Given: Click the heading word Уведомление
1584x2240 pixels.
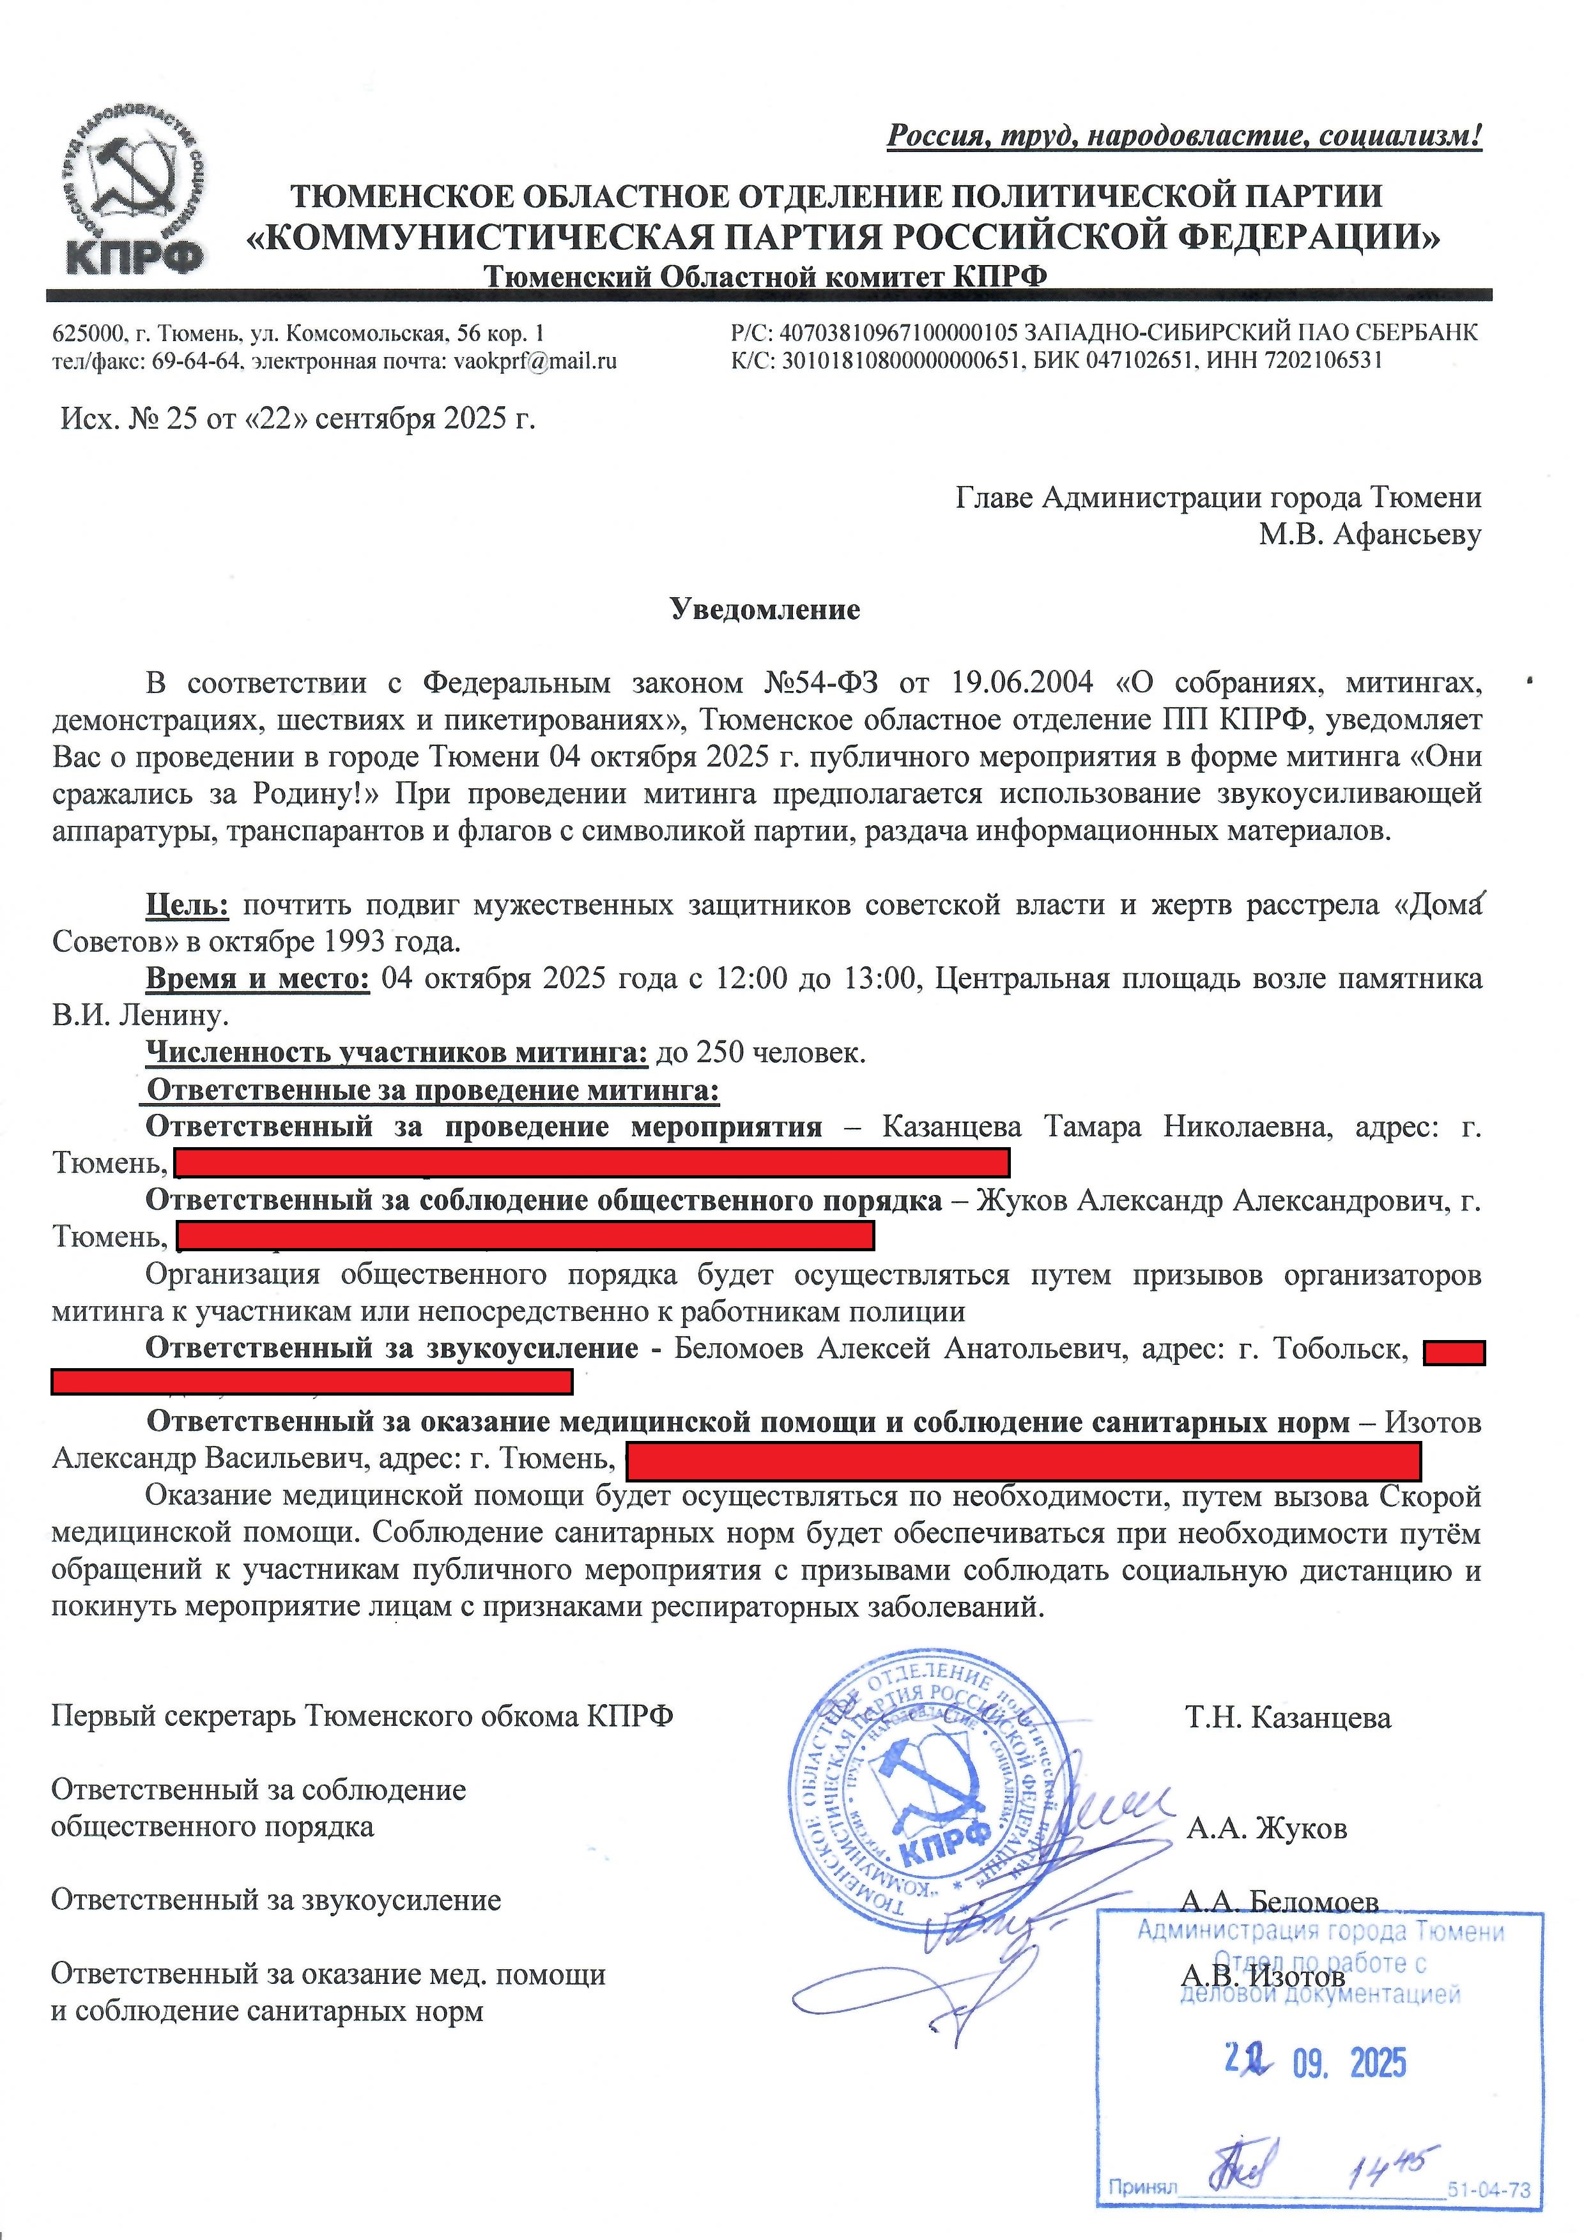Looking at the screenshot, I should point(764,610).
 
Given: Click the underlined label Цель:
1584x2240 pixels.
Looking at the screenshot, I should point(187,905).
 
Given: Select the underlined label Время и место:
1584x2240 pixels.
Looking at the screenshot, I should point(258,979).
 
